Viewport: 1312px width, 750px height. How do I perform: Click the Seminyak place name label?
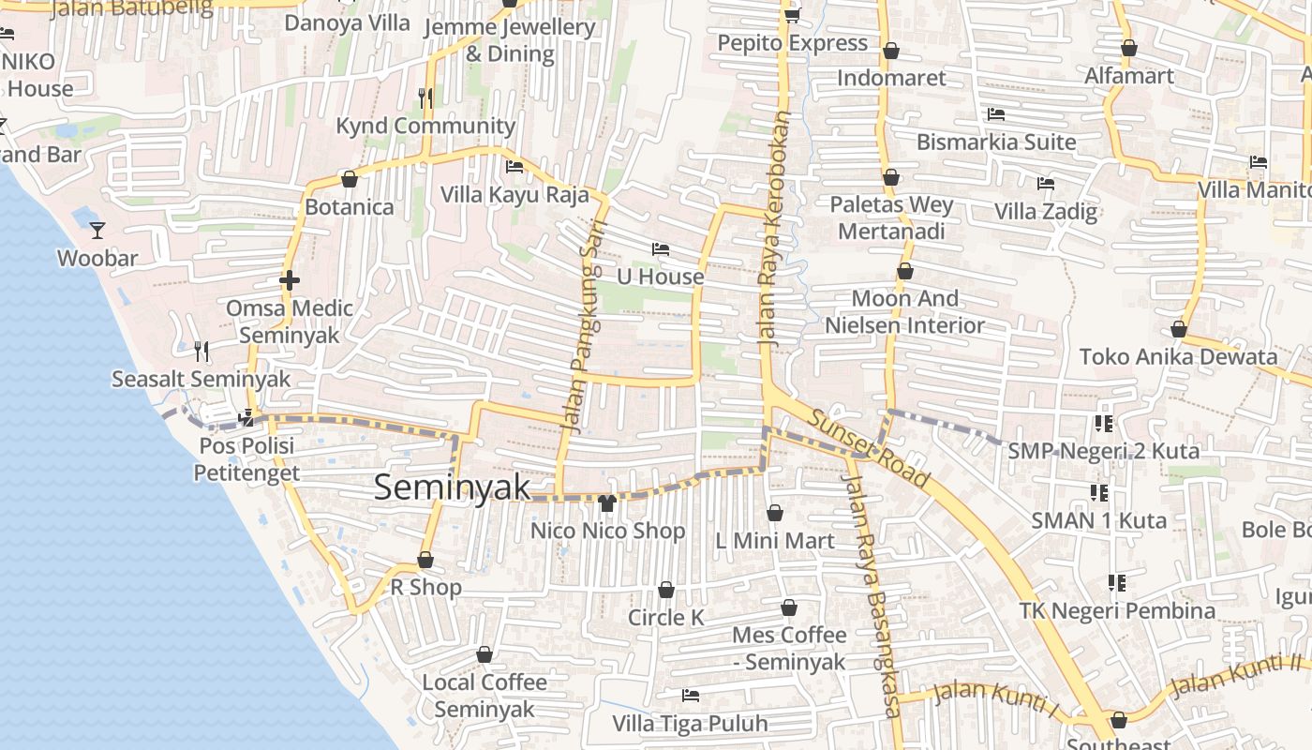click(452, 487)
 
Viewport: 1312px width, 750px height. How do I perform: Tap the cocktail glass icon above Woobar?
click(97, 230)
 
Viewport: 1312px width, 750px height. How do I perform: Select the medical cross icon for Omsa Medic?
click(289, 280)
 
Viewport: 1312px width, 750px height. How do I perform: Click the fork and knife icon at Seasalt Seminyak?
click(201, 352)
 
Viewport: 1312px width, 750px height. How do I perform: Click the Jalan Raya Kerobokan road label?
click(776, 231)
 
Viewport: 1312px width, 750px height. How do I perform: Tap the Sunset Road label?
click(871, 449)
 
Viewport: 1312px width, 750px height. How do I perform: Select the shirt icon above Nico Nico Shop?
click(606, 503)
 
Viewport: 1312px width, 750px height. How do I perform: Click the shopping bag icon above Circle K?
click(666, 590)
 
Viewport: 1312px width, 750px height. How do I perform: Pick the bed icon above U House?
click(661, 249)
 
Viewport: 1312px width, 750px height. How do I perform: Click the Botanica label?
click(350, 207)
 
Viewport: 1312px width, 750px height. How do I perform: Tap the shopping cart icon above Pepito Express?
click(792, 15)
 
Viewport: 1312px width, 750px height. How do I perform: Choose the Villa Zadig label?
click(1046, 211)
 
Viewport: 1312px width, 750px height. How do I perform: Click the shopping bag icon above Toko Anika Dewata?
click(1178, 329)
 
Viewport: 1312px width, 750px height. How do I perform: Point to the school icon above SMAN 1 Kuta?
click(1099, 492)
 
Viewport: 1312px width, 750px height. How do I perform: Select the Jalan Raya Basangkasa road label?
click(871, 595)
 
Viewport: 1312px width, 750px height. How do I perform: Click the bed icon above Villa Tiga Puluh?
click(691, 696)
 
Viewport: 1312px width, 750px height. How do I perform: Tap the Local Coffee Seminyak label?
click(485, 696)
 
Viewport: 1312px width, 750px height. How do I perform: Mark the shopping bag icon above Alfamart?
click(1129, 48)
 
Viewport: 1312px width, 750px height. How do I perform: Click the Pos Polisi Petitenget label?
click(246, 458)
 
